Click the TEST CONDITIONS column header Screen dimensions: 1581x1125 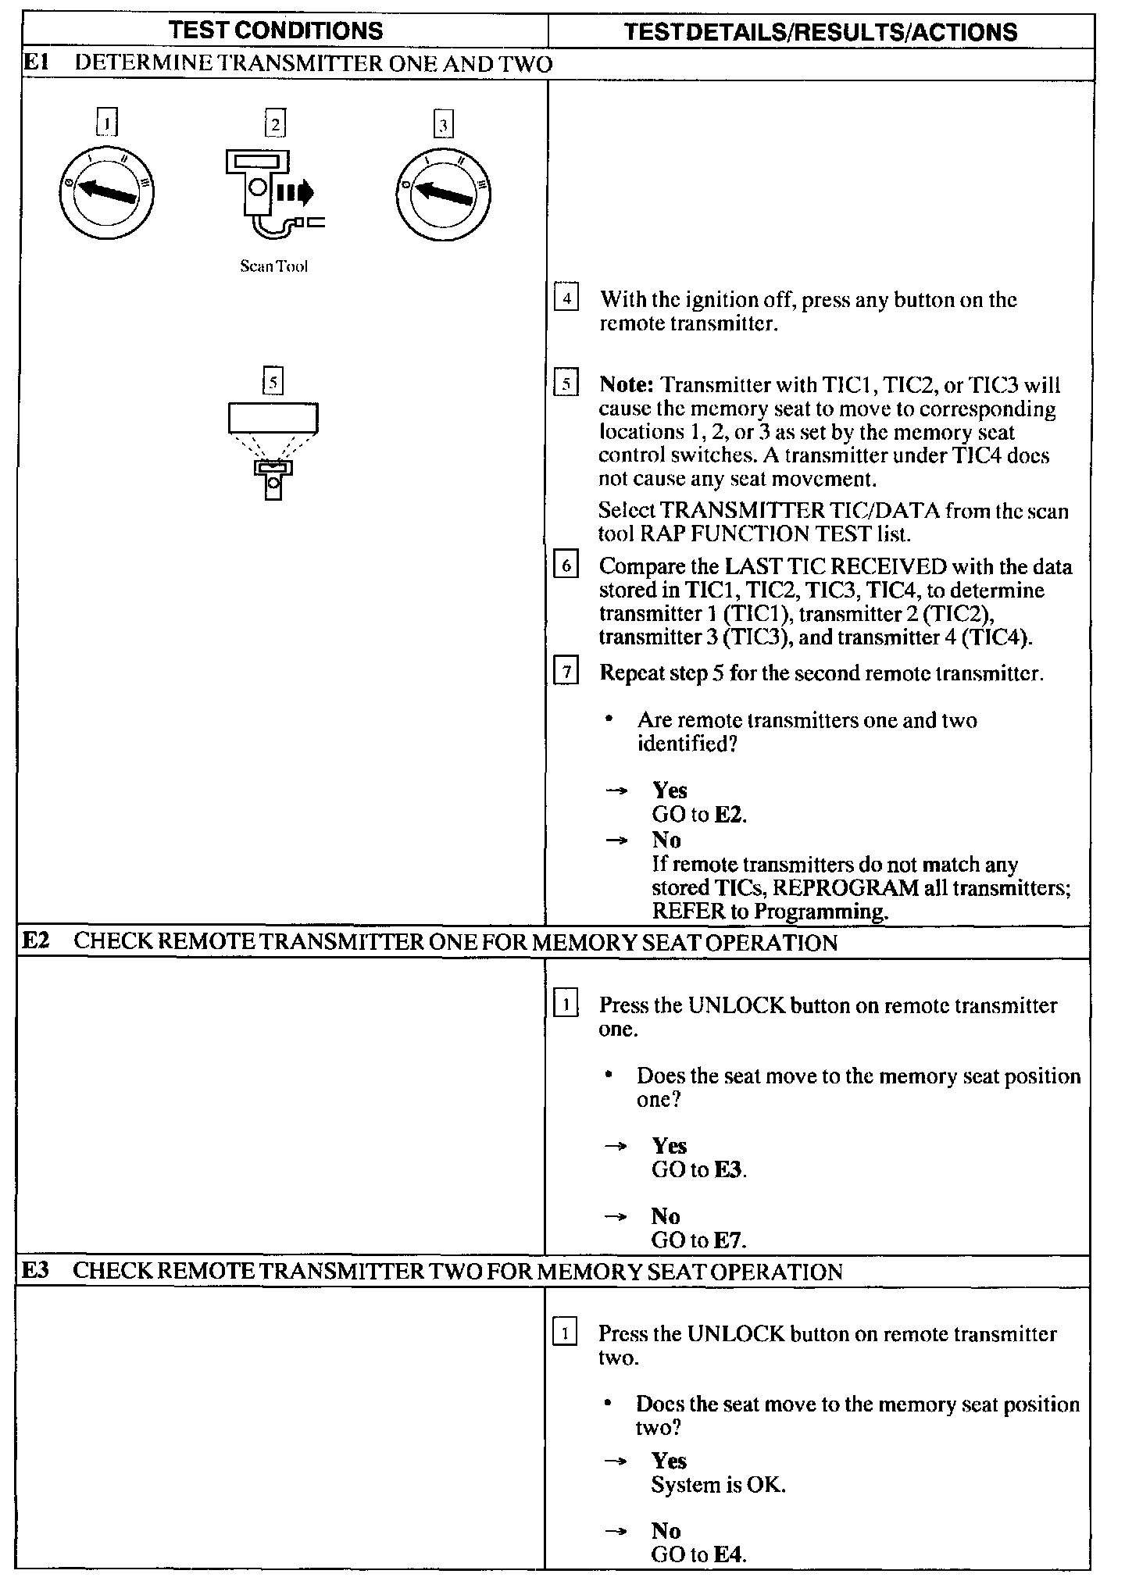pyautogui.click(x=276, y=30)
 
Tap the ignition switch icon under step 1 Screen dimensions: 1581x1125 pyautogui.click(x=106, y=192)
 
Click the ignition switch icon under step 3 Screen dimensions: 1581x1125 pyautogui.click(x=443, y=192)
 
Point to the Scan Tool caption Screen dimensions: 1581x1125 pyautogui.click(x=273, y=266)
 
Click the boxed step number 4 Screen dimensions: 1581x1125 pyautogui.click(x=566, y=299)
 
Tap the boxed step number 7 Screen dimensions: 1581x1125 pyautogui.click(x=566, y=673)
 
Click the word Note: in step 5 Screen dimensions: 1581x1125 pyautogui.click(x=627, y=385)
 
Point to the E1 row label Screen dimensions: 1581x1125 pyautogui.click(x=36, y=63)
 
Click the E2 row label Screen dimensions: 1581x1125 pyautogui.click(x=36, y=941)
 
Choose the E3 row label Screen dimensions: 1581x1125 pyautogui.click(x=36, y=1271)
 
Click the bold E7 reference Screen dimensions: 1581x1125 pyautogui.click(x=730, y=1240)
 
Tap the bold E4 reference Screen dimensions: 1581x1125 pyautogui.click(x=730, y=1554)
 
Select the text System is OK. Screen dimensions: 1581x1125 pyautogui.click(x=718, y=1484)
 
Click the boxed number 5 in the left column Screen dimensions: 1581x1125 pyautogui.click(x=273, y=383)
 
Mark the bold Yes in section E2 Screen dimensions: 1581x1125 pyautogui.click(x=670, y=1146)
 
